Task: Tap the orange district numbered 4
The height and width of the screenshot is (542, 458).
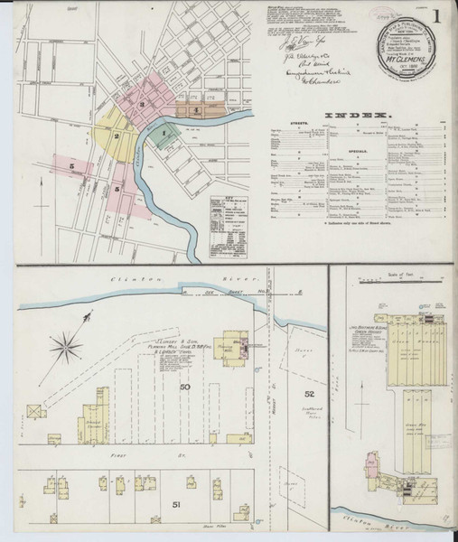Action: (197, 110)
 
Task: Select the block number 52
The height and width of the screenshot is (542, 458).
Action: (309, 394)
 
